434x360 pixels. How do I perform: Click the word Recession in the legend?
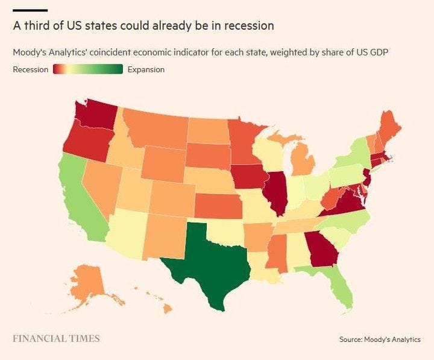[x=30, y=69]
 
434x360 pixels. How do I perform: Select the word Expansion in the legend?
[x=146, y=69]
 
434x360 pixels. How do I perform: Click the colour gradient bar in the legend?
[x=88, y=69]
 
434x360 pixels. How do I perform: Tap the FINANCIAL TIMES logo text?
[x=56, y=338]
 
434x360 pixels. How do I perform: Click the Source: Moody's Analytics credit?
[x=380, y=339]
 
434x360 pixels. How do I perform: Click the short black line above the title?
[x=30, y=10]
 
